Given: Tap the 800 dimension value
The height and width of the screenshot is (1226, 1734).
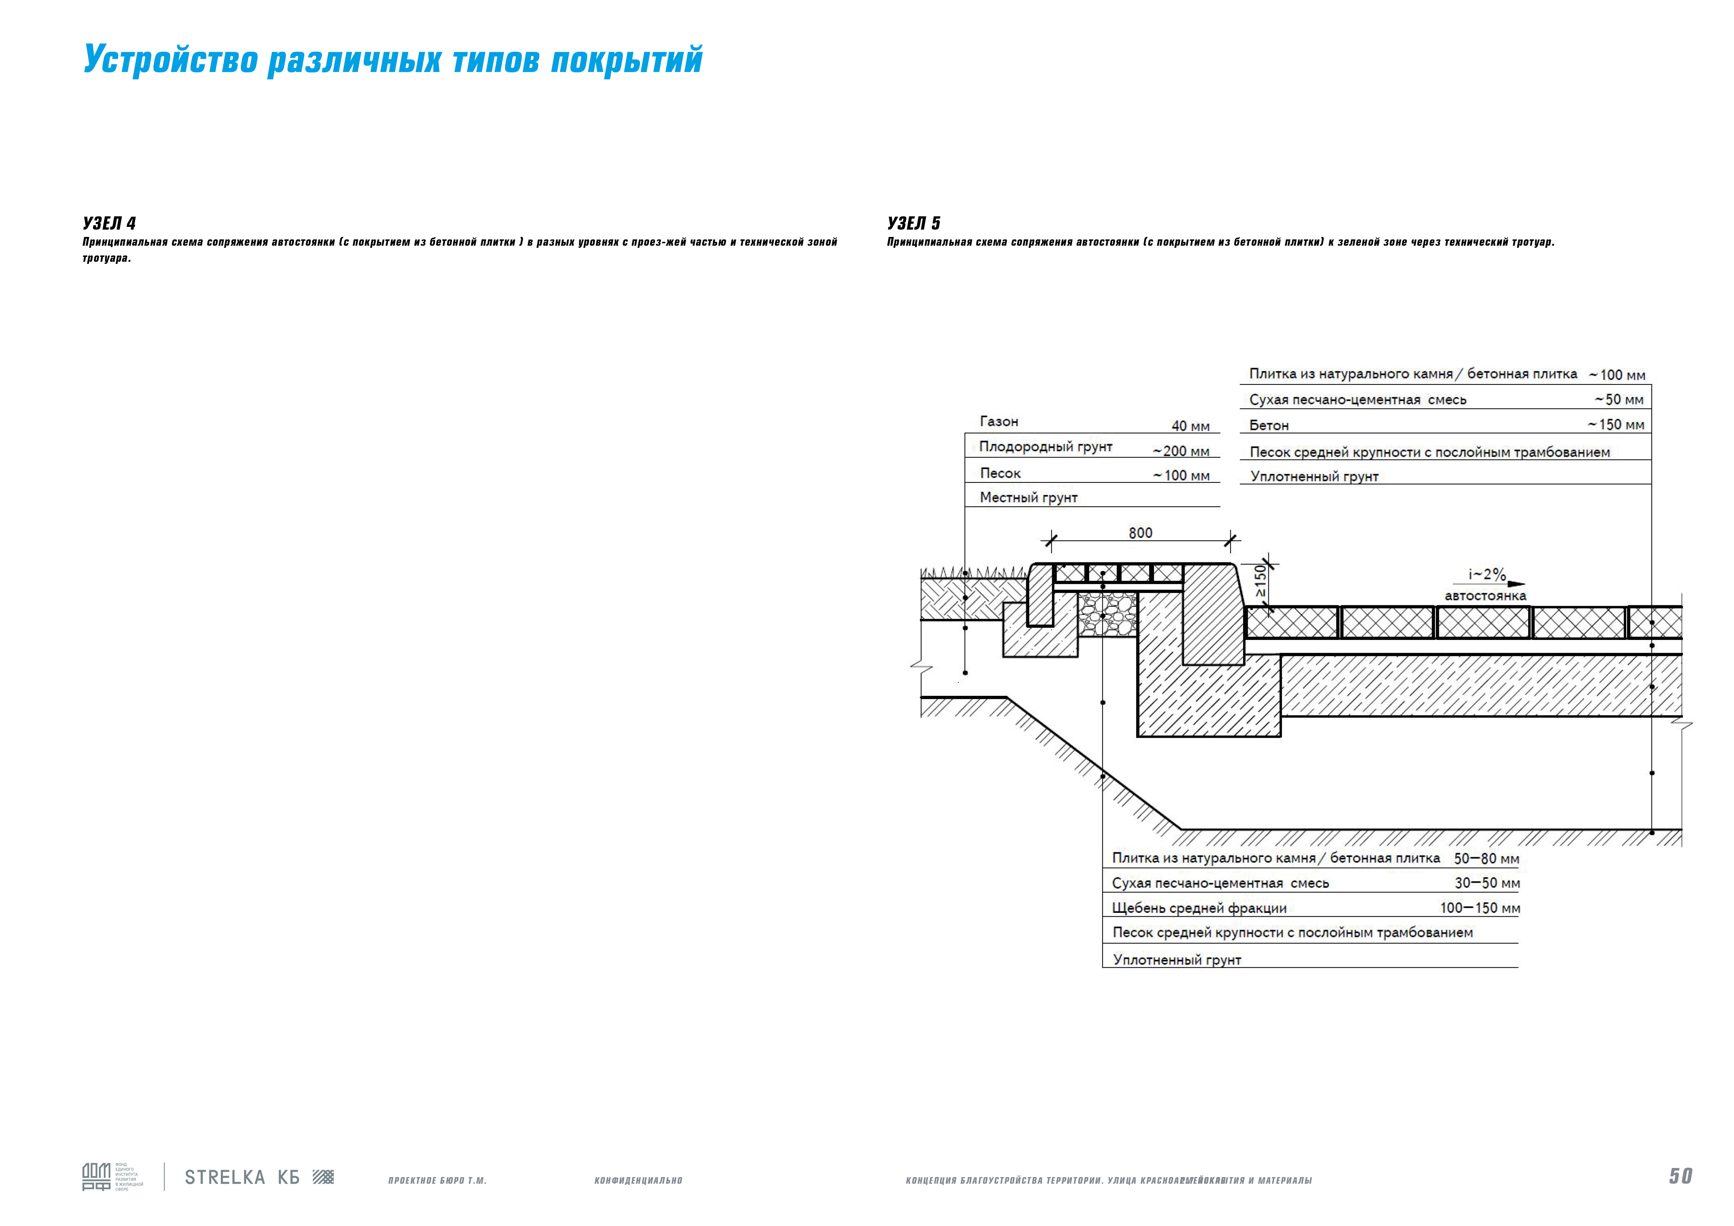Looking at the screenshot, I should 1141,533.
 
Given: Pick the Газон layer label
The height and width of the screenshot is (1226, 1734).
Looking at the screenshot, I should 998,421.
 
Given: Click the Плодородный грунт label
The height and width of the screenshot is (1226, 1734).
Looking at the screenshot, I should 1045,447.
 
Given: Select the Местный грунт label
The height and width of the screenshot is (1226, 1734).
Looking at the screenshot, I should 1029,498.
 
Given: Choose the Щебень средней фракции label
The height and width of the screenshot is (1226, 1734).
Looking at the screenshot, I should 1199,908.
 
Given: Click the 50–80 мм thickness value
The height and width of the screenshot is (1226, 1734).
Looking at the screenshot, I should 1486,858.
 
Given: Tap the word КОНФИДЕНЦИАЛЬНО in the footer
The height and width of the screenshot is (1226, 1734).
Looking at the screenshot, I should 638,1181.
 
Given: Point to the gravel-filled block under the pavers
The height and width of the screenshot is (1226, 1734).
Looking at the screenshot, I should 1107,614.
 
